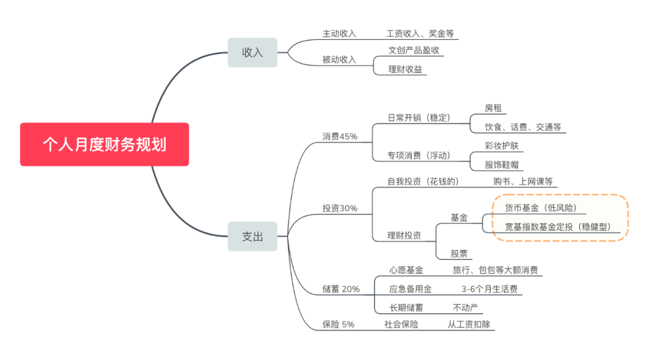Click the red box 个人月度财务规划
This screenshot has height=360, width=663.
104,144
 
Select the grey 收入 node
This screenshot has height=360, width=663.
252,52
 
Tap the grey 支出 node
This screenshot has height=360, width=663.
252,236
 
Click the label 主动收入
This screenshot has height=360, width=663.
339,33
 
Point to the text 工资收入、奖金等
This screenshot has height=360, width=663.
419,33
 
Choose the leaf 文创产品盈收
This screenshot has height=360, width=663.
413,50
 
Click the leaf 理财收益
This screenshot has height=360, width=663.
405,69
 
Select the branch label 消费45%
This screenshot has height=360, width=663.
339,136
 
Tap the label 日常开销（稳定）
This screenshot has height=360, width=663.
419,117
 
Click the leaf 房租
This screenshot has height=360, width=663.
493,108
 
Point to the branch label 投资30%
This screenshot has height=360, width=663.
339,208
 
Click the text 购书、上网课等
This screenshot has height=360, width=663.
523,181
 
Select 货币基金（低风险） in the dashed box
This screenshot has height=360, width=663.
540,208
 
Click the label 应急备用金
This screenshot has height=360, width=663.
410,288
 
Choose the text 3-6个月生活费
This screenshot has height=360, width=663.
489,288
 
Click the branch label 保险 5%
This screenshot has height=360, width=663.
338,324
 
